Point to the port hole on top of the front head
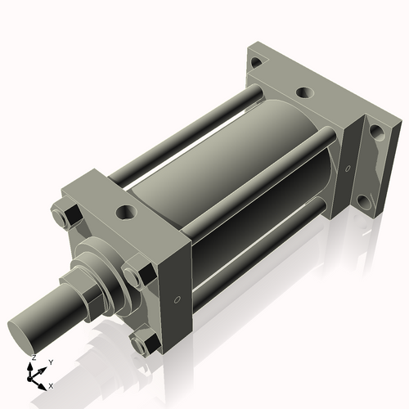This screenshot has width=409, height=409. coord(126,213)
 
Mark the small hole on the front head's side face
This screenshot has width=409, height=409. coord(174,299)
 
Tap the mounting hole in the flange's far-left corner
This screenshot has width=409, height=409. coord(256,62)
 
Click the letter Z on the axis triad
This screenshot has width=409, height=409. coord(34,358)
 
